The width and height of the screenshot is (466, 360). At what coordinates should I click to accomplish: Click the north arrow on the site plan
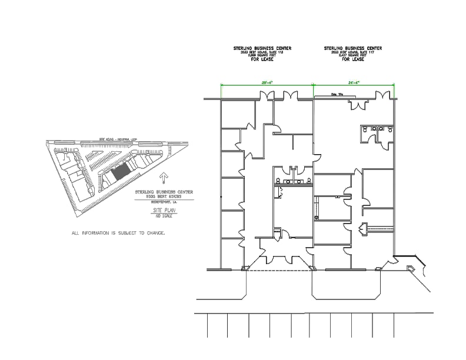click(164, 177)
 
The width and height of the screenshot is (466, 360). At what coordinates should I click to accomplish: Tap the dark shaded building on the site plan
click(121, 172)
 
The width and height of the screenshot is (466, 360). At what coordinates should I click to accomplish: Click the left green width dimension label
click(267, 83)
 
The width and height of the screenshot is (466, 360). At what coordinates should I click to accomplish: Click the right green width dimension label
click(354, 83)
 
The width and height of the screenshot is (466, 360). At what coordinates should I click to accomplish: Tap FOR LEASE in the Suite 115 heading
click(263, 59)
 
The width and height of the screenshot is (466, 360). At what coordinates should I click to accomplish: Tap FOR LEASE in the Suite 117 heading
click(354, 59)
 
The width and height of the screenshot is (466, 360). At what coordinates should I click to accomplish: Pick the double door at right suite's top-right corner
click(383, 96)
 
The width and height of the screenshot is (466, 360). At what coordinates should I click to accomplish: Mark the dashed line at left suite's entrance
click(277, 270)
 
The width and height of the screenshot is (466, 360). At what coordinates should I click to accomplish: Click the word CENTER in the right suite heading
click(373, 48)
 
